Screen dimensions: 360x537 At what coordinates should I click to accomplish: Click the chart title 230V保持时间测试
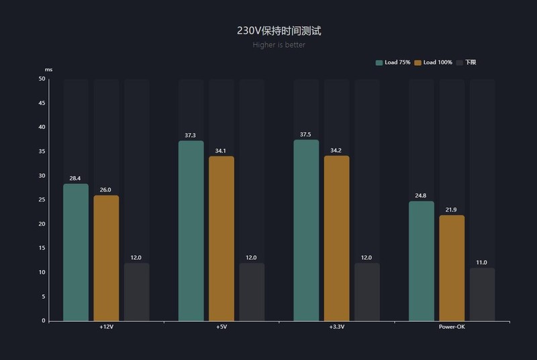pos(279,31)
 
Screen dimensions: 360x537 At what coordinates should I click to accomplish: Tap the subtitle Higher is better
pos(279,45)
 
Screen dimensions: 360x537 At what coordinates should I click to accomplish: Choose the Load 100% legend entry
pos(433,62)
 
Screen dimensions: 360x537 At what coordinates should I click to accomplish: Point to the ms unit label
pos(48,70)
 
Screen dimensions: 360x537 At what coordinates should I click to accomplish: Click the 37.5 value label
pos(306,134)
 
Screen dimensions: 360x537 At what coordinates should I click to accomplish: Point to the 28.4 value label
pos(76,179)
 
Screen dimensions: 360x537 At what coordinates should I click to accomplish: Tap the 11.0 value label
pos(482,263)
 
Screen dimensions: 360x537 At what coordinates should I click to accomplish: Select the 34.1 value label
pos(222,151)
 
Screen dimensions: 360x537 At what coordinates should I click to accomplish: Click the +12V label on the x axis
pos(106,327)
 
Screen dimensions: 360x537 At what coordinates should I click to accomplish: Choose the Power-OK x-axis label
pos(452,327)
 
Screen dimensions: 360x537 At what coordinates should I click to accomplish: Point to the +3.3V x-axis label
pos(337,327)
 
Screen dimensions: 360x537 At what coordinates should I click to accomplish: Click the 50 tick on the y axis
pos(42,79)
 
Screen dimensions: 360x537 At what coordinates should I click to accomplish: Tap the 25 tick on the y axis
pos(42,200)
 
